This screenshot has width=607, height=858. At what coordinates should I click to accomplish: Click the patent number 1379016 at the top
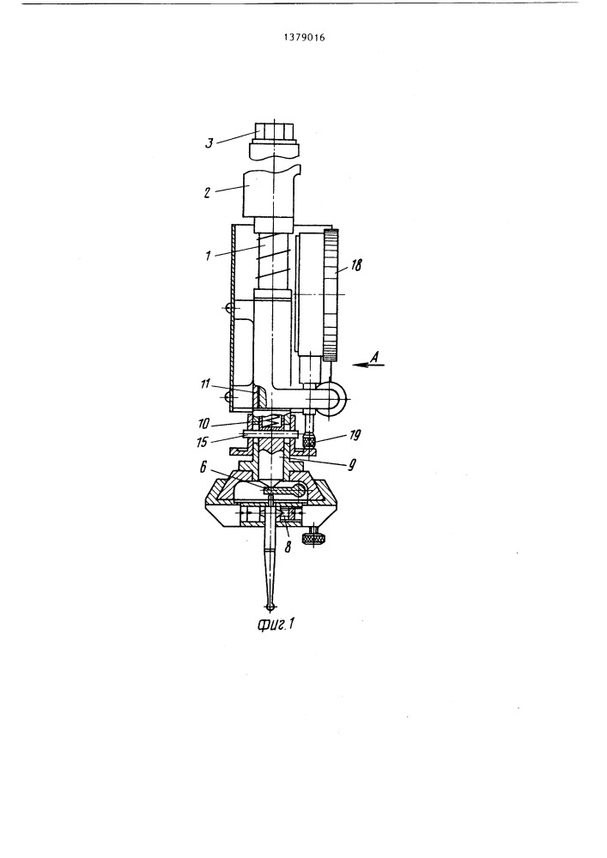point(304,38)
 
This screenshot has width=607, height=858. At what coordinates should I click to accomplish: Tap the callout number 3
point(209,144)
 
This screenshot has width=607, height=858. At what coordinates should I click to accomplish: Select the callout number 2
point(208,193)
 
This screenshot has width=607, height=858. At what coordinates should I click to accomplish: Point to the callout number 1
point(208,256)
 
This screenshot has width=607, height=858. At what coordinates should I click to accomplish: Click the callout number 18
point(355,265)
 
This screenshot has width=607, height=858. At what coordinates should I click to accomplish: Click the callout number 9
point(353,465)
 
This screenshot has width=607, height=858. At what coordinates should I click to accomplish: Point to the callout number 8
point(288,546)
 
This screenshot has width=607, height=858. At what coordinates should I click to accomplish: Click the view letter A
point(375,356)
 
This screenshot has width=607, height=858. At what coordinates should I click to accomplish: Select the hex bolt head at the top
point(276,131)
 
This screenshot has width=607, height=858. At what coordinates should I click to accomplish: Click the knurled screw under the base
point(313,537)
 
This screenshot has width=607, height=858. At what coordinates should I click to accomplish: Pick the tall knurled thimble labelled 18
point(330,296)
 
